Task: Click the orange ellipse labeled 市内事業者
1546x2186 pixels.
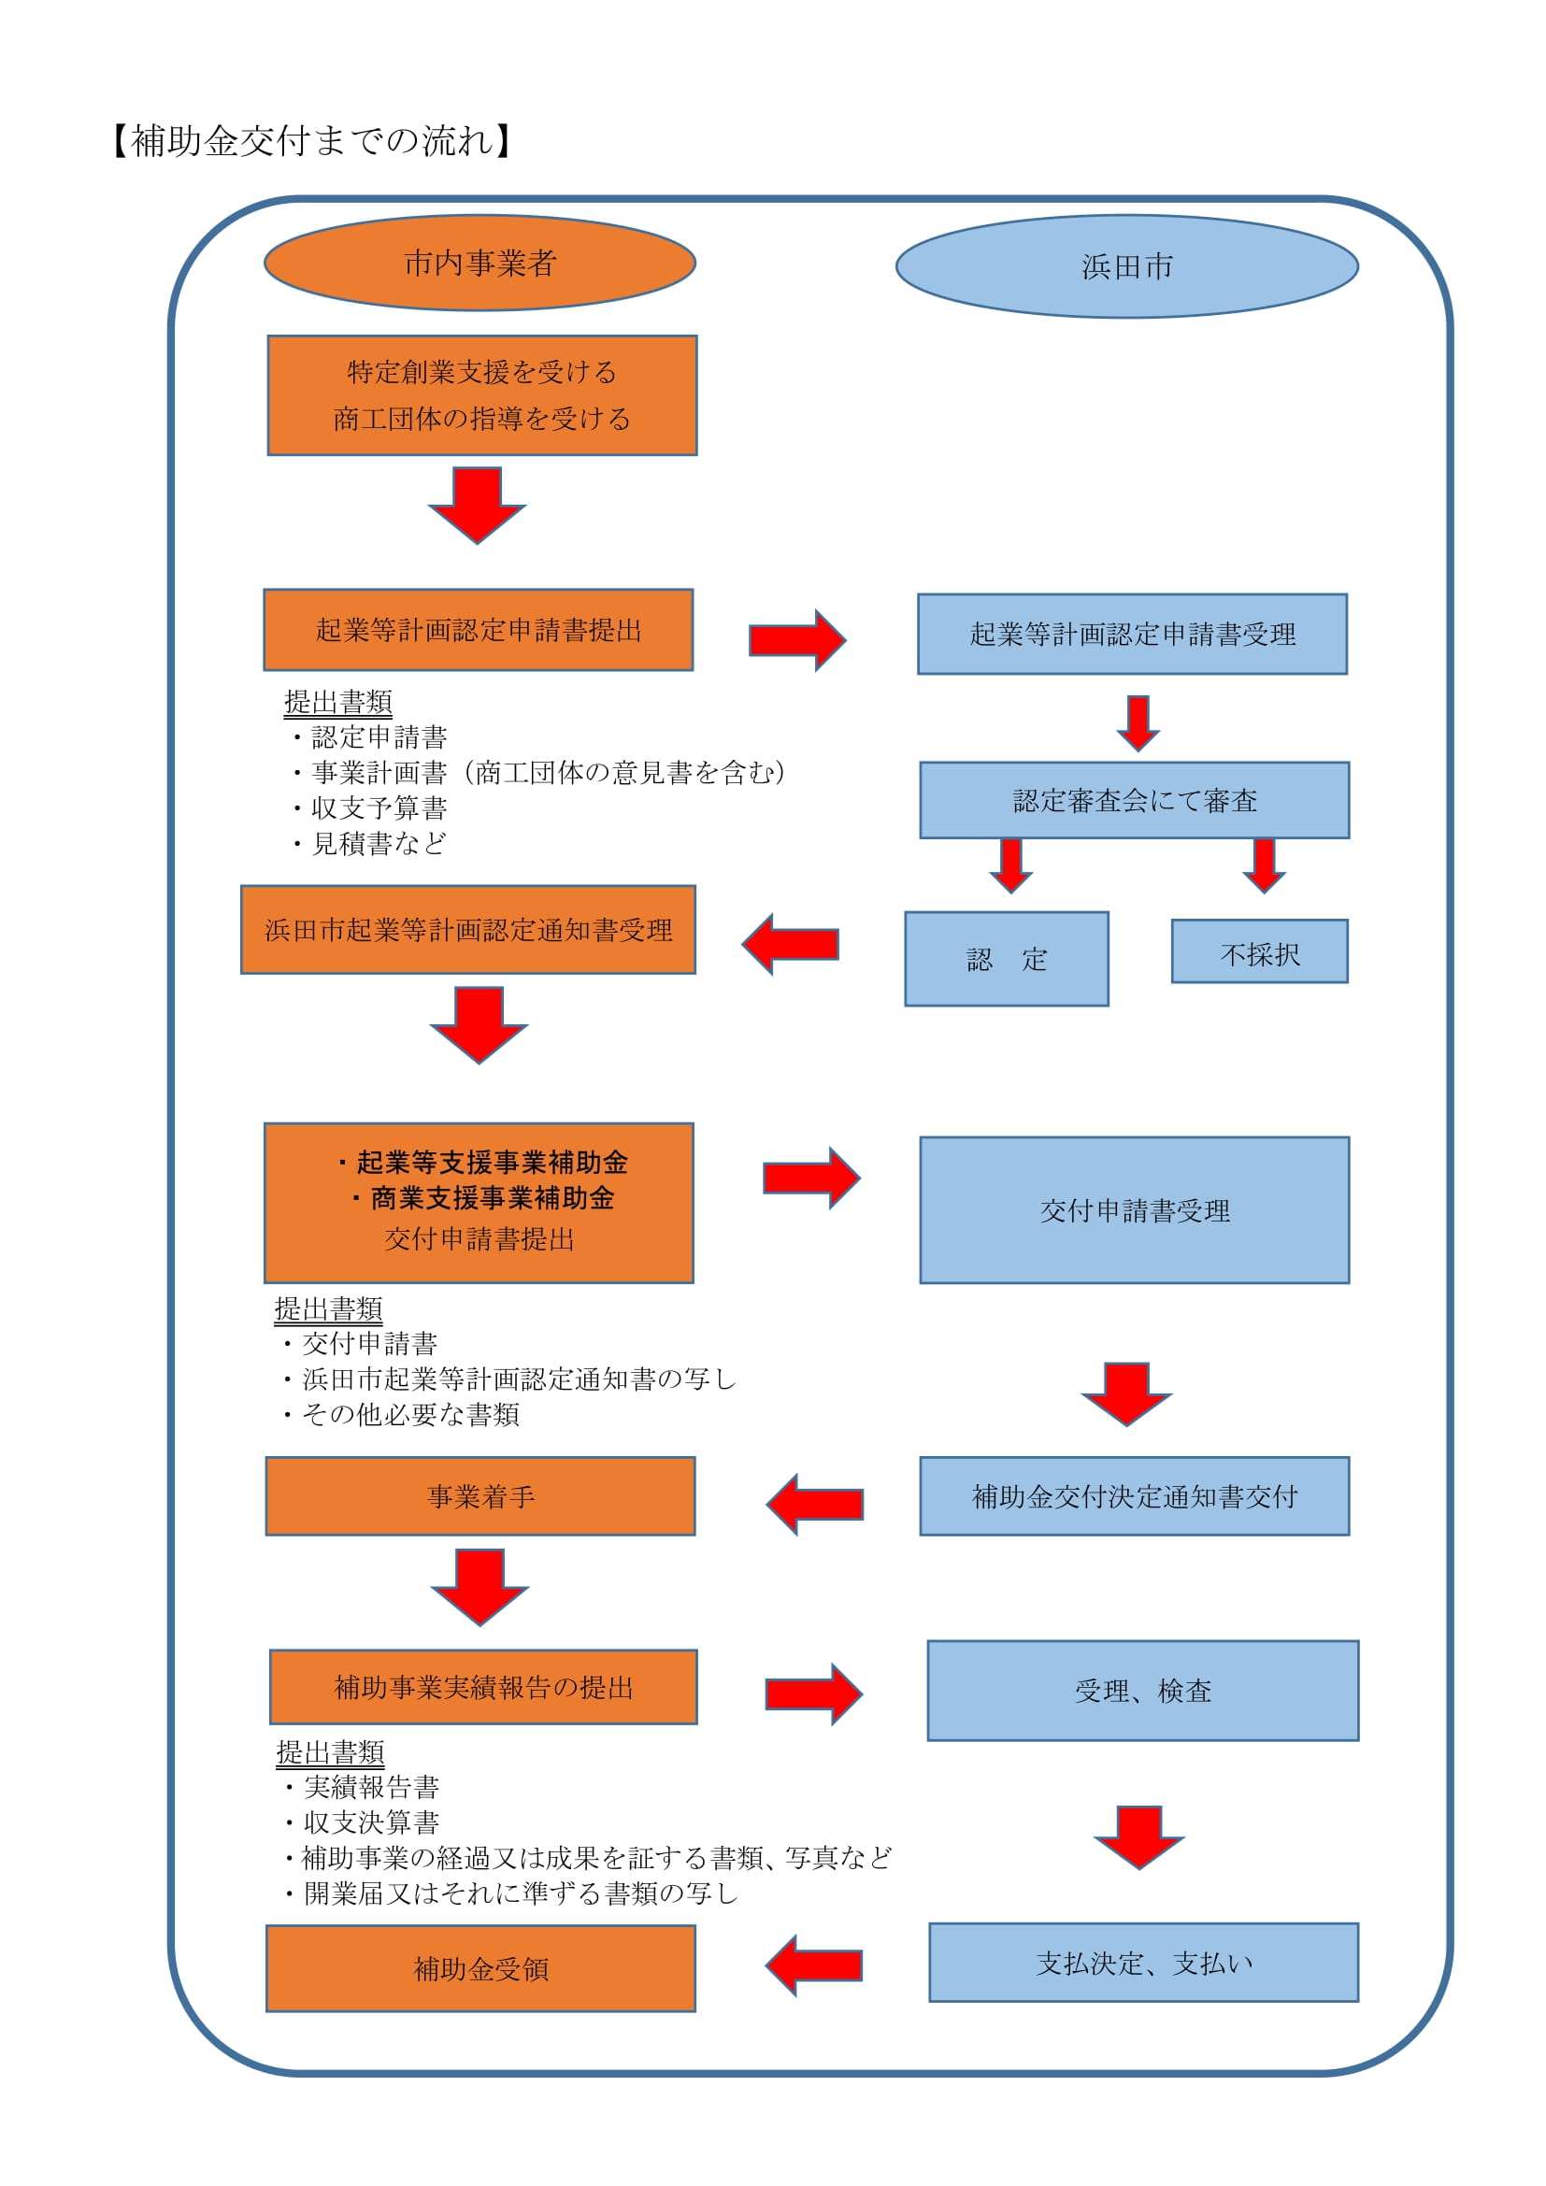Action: [x=480, y=263]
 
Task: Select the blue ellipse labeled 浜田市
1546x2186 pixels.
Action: [x=1127, y=266]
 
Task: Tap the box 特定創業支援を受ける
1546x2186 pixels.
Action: [x=481, y=395]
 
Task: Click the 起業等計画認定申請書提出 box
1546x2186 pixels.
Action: [x=478, y=630]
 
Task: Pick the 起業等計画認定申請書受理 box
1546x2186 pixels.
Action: [x=1132, y=634]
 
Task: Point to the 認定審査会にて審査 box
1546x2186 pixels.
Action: [x=1134, y=800]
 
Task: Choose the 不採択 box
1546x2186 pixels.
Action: [x=1259, y=951]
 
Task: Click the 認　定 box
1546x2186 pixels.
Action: [x=1007, y=959]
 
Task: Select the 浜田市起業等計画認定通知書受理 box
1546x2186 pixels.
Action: [x=468, y=930]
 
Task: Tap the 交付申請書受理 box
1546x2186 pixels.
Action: [x=1134, y=1210]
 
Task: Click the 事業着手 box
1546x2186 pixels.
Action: [x=480, y=1496]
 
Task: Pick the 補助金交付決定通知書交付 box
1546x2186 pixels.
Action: [x=1134, y=1496]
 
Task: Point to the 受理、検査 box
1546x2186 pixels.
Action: [x=1142, y=1691]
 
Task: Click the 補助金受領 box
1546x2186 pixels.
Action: [x=480, y=1969]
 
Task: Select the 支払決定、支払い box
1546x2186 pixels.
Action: [x=1143, y=1964]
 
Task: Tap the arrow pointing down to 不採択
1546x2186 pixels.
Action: [x=1265, y=865]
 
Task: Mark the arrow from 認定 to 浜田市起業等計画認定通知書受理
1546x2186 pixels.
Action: [x=790, y=945]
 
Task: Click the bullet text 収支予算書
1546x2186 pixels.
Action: [x=379, y=807]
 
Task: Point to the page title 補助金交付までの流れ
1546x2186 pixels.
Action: [x=313, y=141]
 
